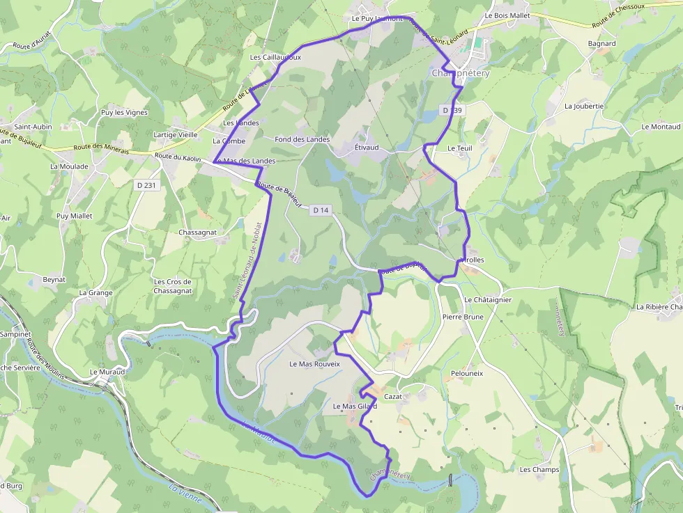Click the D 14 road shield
(321, 210)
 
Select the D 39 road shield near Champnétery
(452, 110)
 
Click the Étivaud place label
(367, 148)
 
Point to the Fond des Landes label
(302, 139)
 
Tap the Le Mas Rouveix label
(314, 364)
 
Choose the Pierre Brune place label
(463, 317)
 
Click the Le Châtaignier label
(488, 300)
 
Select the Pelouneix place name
(467, 374)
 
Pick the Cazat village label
(394, 396)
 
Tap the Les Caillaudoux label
(275, 57)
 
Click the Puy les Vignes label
(124, 112)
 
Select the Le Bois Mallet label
(507, 15)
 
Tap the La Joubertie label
(583, 106)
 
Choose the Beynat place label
(54, 279)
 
